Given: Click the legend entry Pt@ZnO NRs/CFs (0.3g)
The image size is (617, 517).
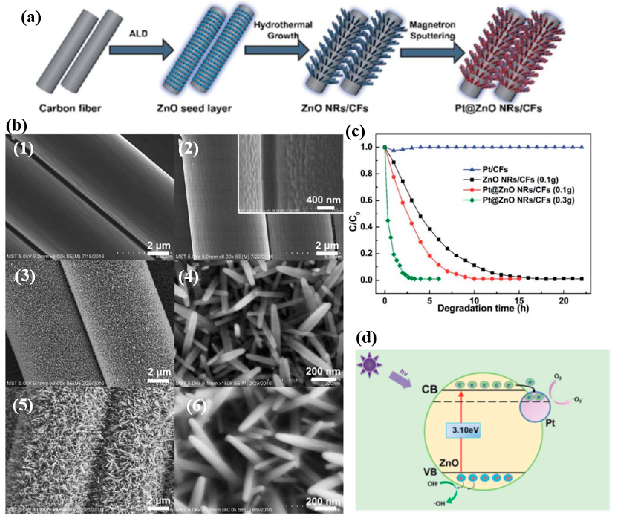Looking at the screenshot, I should click(528, 200).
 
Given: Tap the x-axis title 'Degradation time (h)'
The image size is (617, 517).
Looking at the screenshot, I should click(483, 308).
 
